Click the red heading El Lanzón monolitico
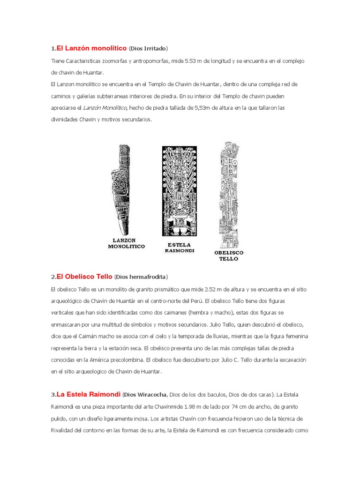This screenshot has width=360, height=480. click(91, 48)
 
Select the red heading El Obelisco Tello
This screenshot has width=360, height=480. click(84, 277)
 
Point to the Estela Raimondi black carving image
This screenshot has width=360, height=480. click(180, 191)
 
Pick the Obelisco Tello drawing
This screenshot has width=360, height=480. click(230, 195)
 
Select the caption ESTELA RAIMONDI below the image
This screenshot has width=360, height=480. click(180, 247)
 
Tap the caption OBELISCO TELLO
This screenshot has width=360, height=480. click(228, 255)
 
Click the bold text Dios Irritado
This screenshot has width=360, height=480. click(148, 49)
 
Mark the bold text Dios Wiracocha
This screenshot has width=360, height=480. click(148, 395)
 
